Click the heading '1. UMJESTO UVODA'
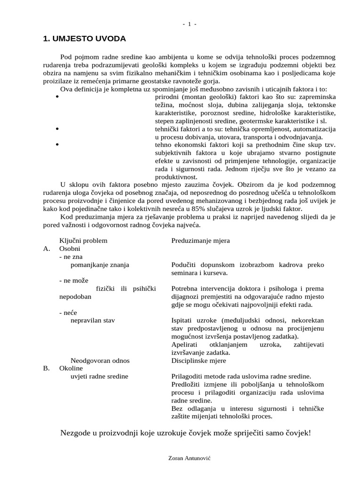(x=84, y=39)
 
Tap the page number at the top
(x=189, y=24)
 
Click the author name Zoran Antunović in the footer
(x=189, y=457)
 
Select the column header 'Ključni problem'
(x=83, y=241)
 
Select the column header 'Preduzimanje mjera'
(x=200, y=241)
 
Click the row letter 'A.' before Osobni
(x=47, y=249)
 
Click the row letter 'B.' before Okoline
(x=47, y=369)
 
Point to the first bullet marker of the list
(x=57, y=97)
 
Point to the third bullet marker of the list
(x=57, y=145)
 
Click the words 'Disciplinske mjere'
(x=198, y=361)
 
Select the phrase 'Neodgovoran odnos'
(x=100, y=361)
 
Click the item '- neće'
(x=68, y=313)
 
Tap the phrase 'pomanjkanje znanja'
(x=99, y=265)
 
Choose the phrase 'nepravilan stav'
(x=92, y=321)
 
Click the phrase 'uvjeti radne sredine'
(x=99, y=377)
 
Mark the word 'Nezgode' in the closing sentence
(x=76, y=433)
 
